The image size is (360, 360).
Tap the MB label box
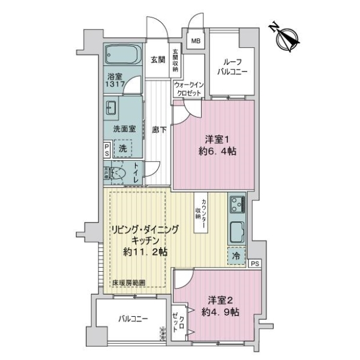click(196, 41)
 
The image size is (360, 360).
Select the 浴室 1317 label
click(115, 81)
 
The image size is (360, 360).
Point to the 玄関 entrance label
click(158, 59)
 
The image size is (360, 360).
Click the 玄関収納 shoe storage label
click(176, 59)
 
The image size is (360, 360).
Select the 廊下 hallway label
click(158, 129)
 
